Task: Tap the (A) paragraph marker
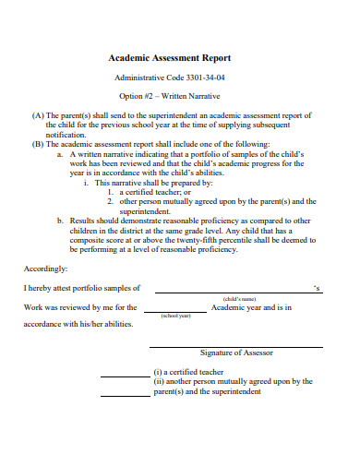tap(37, 116)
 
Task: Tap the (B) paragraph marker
tap(37, 145)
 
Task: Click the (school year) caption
tap(174, 317)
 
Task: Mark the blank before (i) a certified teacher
tap(124, 375)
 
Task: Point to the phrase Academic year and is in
tap(251, 306)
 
